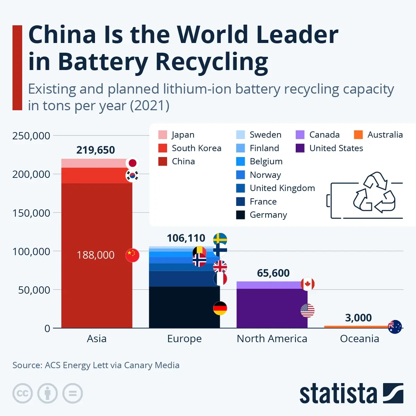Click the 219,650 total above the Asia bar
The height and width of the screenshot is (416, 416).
click(x=95, y=150)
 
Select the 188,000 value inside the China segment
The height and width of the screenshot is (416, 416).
click(x=95, y=255)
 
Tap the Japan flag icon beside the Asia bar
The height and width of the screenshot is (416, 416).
click(x=132, y=163)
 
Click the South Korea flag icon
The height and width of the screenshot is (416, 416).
click(x=132, y=175)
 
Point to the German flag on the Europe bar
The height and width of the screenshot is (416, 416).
click(x=220, y=308)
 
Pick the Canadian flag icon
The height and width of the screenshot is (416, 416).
click(x=307, y=284)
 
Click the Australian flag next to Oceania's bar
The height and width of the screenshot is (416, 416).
click(x=395, y=327)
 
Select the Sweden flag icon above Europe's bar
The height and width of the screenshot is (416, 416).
click(x=220, y=239)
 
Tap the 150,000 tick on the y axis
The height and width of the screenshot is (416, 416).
click(x=31, y=213)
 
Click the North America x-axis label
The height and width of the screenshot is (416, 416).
click(x=272, y=339)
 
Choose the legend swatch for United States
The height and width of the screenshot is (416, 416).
click(x=300, y=148)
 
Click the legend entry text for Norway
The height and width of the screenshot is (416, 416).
click(x=265, y=175)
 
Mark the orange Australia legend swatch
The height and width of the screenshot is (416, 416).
click(x=358, y=135)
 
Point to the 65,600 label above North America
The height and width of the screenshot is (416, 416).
click(x=273, y=273)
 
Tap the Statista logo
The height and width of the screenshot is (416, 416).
click(x=351, y=393)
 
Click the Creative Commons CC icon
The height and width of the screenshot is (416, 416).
click(x=23, y=393)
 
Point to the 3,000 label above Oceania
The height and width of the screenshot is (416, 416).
click(x=358, y=318)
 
